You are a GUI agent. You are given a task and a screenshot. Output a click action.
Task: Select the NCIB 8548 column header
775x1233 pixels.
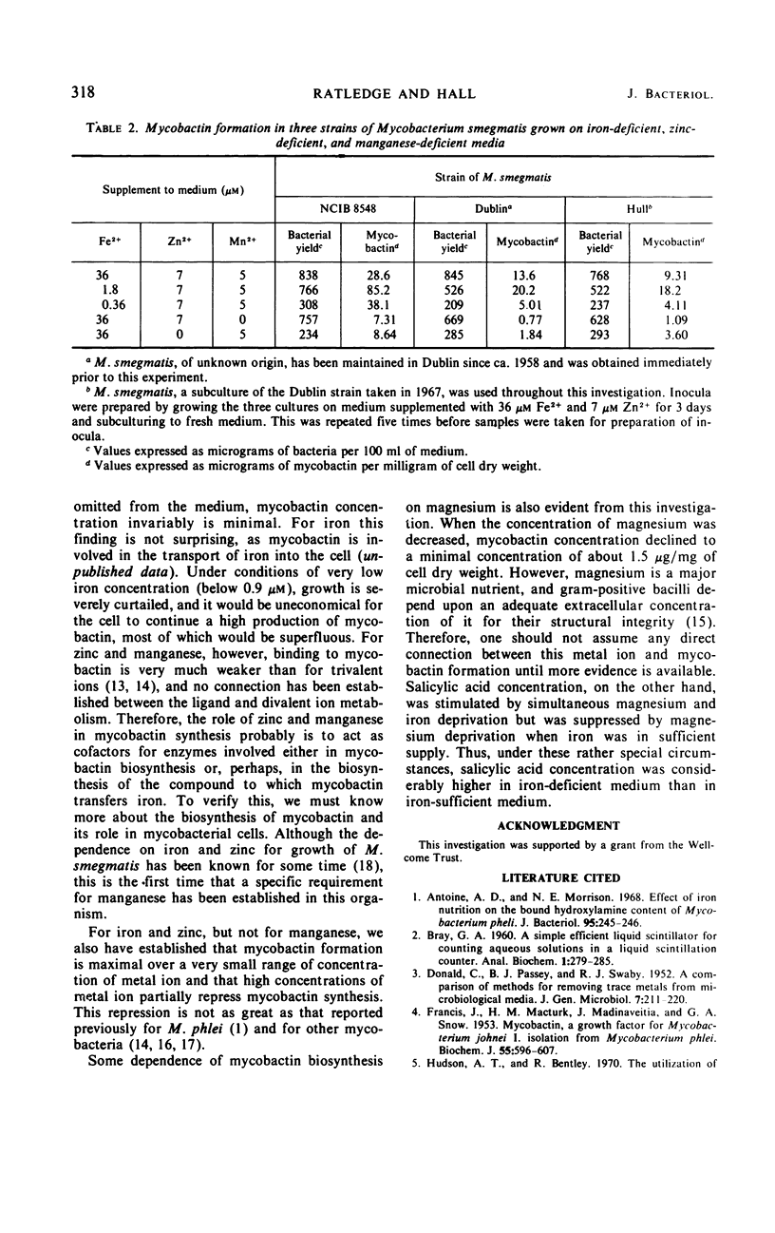[x=343, y=205]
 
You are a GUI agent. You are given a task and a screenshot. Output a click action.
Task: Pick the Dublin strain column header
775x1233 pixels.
[x=490, y=205]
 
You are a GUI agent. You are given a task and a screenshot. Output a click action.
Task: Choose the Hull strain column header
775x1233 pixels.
[x=633, y=205]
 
